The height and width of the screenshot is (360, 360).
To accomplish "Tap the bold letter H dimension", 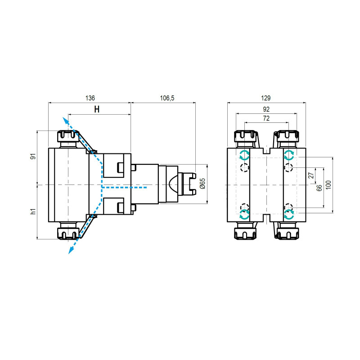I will [96, 109].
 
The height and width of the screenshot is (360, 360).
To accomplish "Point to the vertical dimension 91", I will [33, 157].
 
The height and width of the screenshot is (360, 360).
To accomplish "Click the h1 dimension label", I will [33, 211].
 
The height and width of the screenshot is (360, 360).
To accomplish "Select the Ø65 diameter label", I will [202, 184].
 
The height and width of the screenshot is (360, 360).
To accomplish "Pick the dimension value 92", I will [266, 109].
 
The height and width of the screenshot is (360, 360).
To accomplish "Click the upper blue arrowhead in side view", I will [65, 119].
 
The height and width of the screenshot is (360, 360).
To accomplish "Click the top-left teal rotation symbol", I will [244, 155].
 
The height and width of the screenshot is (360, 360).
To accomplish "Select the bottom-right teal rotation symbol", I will [289, 215].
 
